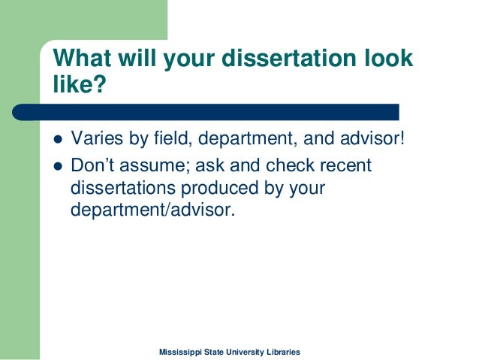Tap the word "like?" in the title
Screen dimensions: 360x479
tap(75, 85)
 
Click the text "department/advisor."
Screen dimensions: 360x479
tap(152, 210)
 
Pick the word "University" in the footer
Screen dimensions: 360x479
tap(250, 352)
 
